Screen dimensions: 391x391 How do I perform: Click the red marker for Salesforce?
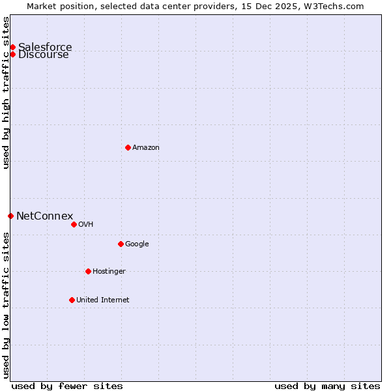[12, 47]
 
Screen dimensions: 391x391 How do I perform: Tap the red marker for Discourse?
[12, 54]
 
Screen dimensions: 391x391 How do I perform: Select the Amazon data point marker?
[128, 147]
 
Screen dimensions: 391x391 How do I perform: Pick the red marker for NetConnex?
[10, 216]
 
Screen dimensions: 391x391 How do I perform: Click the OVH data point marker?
[74, 224]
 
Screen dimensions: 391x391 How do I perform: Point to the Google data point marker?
[121, 244]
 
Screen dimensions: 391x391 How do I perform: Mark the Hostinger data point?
[88, 271]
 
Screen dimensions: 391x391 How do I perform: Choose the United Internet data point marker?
[72, 300]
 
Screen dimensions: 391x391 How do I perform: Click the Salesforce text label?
[45, 47]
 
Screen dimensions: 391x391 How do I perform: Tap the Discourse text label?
[44, 55]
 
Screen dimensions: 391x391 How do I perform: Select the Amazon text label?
[146, 147]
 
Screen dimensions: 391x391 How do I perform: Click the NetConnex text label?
[44, 216]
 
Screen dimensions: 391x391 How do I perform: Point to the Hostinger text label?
[109, 271]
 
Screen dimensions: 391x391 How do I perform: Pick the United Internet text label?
[102, 300]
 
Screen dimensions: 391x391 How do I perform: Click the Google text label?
[137, 244]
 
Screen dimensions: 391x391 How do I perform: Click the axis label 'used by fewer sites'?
[67, 386]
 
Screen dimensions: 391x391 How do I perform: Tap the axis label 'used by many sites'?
[327, 386]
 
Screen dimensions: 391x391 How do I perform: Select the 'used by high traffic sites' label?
[6, 93]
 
